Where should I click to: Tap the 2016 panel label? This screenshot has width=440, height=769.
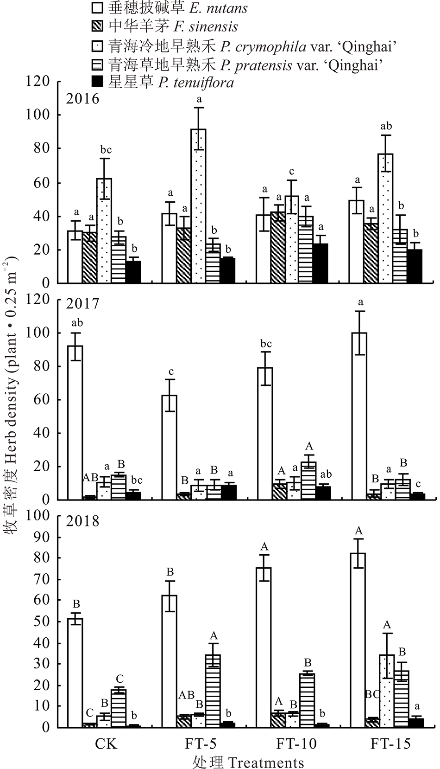(x=82, y=99)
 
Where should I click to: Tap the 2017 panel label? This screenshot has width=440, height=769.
(x=82, y=303)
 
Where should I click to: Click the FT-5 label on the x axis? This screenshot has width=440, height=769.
(x=201, y=743)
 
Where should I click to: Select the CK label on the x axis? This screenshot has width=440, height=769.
(x=106, y=743)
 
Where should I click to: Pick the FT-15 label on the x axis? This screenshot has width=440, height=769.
(x=390, y=743)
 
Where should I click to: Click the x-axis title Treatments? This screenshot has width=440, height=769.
(x=248, y=762)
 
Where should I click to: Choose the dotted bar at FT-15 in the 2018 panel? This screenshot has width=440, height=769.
(x=387, y=691)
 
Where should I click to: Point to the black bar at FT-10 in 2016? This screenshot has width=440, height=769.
(x=321, y=263)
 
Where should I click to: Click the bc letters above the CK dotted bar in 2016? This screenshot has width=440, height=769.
(x=106, y=150)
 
